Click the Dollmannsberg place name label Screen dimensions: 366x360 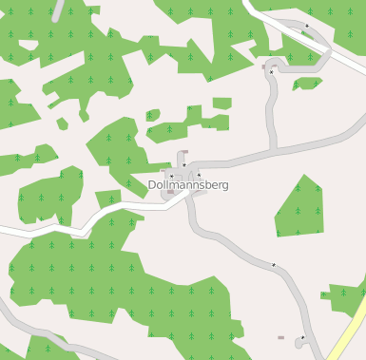(188, 184)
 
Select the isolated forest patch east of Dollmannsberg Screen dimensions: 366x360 (300, 207)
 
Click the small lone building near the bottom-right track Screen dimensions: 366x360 (280, 337)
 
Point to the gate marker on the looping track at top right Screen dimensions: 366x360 (307, 27)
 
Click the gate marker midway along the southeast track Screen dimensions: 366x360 (274, 265)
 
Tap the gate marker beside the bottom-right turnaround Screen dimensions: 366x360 (303, 337)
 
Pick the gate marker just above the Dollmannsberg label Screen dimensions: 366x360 (183, 165)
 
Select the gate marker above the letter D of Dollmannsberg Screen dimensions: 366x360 (171, 176)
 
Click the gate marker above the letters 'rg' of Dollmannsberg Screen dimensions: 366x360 (199, 175)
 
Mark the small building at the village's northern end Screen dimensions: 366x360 (184, 152)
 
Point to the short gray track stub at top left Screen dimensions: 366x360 (60, 9)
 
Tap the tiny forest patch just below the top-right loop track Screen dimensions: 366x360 (306, 84)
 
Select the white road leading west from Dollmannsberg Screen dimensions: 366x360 (76, 231)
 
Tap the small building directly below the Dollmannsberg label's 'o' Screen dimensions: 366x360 (171, 193)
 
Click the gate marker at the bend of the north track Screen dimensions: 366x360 (271, 72)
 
